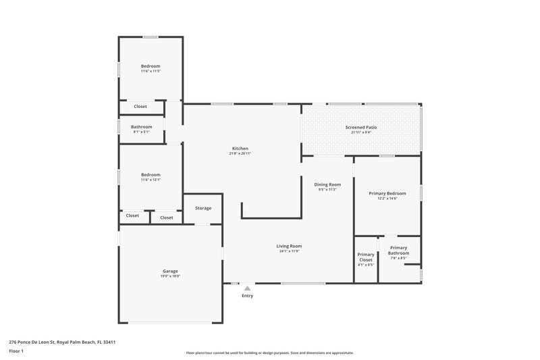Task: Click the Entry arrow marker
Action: (247, 288)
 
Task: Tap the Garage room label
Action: (170, 270)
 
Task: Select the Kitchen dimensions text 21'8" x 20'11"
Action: (240, 153)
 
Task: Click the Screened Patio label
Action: (361, 127)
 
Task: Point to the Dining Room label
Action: (327, 184)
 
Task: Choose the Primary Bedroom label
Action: (387, 193)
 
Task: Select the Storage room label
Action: (203, 208)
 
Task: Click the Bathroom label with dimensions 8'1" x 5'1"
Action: (142, 127)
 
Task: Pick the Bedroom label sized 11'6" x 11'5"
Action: (151, 66)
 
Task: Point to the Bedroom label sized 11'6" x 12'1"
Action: (151, 174)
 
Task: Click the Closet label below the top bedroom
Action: (140, 107)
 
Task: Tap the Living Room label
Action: (289, 246)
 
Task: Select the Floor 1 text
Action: (16, 351)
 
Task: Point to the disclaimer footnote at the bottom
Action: (270, 353)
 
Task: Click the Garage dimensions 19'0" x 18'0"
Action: (170, 276)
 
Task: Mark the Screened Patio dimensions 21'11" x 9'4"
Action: (361, 132)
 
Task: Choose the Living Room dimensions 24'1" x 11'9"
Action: (289, 251)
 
